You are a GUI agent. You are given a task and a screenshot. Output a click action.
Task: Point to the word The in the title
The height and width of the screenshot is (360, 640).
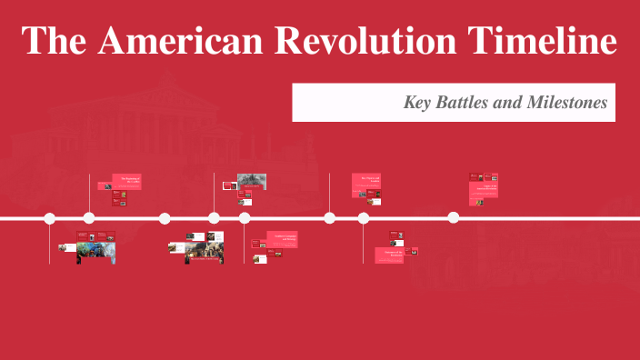(x=56, y=41)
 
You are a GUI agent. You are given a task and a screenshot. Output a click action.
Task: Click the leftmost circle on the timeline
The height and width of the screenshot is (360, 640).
(x=50, y=218)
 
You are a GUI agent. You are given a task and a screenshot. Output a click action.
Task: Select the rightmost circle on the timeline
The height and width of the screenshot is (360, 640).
(x=453, y=218)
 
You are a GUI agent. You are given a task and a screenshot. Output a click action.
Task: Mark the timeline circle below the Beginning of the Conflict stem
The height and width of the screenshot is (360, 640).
(x=89, y=218)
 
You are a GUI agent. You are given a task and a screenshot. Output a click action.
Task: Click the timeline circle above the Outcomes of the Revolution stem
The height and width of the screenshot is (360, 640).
(x=364, y=218)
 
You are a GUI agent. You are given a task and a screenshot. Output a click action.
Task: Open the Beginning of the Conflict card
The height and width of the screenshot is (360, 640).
(x=126, y=181)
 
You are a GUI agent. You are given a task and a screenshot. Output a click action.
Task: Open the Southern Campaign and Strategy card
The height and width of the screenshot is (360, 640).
(x=286, y=238)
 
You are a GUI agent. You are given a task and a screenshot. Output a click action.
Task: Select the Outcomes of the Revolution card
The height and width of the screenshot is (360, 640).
(x=389, y=255)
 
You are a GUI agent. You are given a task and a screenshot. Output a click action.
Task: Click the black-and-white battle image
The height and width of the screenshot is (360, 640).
(x=252, y=181)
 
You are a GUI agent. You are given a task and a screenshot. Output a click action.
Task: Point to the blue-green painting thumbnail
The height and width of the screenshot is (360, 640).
(x=95, y=252)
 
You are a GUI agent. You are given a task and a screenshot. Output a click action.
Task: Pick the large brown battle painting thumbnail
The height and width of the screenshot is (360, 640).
(x=205, y=251)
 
